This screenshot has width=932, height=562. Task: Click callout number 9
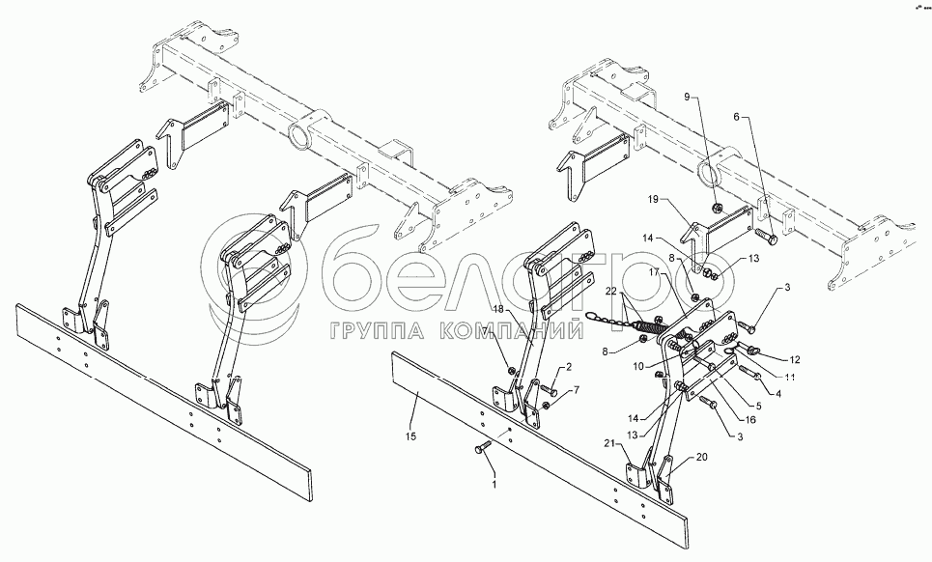tap(689, 98)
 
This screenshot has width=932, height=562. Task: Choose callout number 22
tap(610, 293)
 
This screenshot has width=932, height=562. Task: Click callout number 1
tap(494, 483)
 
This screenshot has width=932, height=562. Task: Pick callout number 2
tap(569, 367)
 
